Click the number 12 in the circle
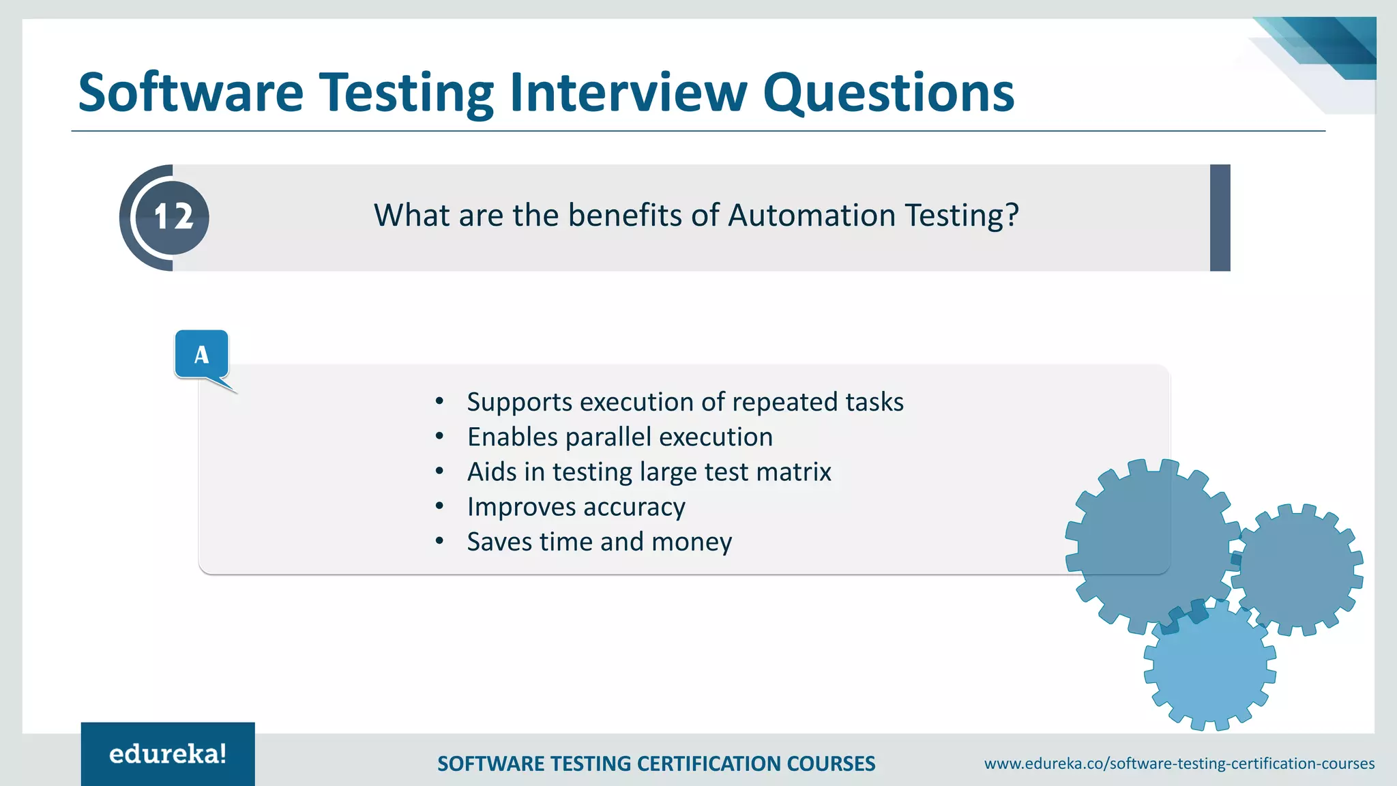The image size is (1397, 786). click(173, 218)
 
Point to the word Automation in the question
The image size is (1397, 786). click(812, 216)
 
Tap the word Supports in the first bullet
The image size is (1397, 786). click(519, 403)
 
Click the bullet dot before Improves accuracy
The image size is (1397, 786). click(440, 506)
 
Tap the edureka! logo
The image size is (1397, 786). click(168, 754)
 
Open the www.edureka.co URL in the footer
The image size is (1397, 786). click(1179, 763)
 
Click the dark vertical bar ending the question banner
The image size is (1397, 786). click(1220, 218)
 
